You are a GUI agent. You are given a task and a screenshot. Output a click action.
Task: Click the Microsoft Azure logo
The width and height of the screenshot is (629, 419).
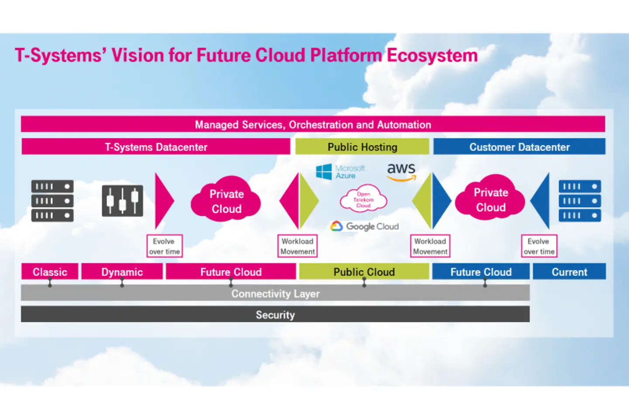(340, 172)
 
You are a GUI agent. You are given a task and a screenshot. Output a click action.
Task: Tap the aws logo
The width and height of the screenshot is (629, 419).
(401, 171)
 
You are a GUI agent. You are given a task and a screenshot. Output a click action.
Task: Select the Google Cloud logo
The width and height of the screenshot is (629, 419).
(364, 226)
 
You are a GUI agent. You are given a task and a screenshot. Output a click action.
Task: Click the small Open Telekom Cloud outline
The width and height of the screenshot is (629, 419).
(363, 199)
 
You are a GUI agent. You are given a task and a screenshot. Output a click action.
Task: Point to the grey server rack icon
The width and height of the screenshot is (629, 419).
(52, 201)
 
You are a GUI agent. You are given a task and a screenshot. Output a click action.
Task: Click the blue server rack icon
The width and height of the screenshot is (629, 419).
(580, 201)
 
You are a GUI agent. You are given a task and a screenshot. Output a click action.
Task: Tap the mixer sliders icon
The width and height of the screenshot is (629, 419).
(122, 201)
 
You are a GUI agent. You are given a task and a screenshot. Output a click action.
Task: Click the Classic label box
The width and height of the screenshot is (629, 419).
(50, 271)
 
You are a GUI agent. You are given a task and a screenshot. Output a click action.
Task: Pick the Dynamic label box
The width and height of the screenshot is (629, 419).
(122, 271)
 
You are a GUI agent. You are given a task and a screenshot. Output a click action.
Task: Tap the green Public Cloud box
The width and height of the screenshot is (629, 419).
(364, 271)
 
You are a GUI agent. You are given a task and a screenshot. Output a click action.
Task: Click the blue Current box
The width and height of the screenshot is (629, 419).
(569, 271)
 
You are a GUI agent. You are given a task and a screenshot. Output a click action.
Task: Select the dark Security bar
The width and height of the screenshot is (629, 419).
(275, 314)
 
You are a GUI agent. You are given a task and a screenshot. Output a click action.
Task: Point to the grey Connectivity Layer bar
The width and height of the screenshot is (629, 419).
(275, 293)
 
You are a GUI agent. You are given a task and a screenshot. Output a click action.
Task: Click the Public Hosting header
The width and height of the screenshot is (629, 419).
(362, 147)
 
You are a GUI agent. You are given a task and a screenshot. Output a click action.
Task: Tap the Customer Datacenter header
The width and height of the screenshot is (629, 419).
(519, 147)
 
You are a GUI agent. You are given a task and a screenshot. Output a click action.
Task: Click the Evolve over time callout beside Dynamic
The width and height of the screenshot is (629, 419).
(164, 246)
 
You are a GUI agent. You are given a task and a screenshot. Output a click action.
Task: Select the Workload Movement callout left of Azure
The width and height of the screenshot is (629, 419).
(297, 246)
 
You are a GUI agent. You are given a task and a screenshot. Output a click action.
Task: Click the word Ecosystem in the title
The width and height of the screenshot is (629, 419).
(432, 55)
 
